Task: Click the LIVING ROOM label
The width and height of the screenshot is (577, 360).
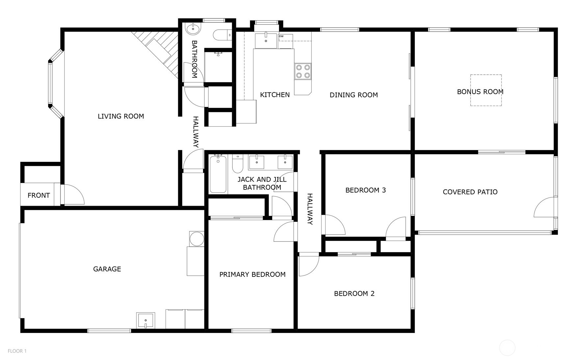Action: click(121, 116)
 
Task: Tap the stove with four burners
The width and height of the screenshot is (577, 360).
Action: click(303, 71)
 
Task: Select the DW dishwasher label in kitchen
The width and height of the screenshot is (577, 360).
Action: click(281, 36)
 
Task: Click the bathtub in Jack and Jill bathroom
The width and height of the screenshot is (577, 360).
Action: click(218, 174)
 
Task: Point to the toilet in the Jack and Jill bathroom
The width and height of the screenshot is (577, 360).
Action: click(237, 164)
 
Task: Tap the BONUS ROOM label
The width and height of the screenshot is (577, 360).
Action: click(480, 92)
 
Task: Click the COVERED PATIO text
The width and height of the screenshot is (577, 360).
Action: click(470, 192)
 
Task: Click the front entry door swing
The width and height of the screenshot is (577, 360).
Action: click(73, 195)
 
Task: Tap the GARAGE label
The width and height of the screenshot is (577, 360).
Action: click(107, 269)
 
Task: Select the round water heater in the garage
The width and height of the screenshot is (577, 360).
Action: click(197, 239)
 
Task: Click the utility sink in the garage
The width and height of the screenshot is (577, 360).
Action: click(145, 320)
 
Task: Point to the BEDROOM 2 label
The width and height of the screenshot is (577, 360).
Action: click(354, 294)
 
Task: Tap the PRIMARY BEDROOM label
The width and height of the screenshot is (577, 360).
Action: click(252, 274)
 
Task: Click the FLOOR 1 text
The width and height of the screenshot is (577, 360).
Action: click(17, 351)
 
